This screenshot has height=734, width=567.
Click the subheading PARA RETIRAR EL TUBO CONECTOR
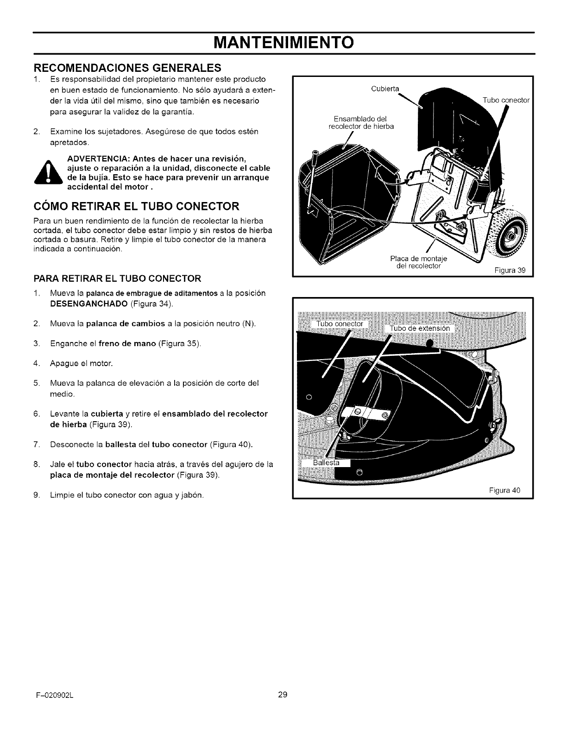(x=117, y=278)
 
